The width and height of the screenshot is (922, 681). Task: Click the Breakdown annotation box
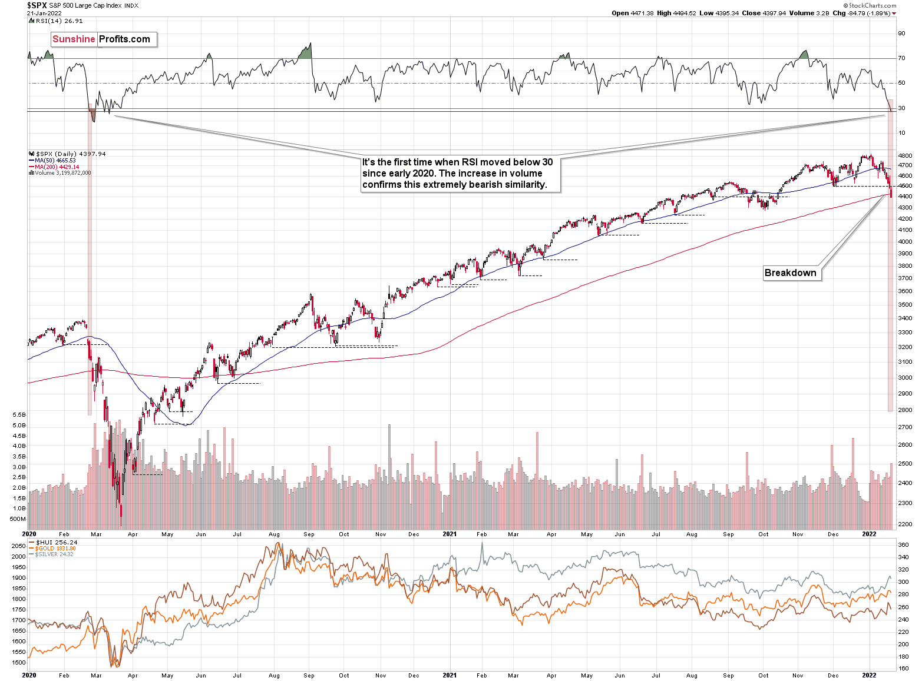[791, 273]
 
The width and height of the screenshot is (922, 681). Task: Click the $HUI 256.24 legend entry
[56, 542]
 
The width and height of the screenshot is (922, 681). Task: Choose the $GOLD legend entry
[55, 549]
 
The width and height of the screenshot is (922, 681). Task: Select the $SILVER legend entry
[54, 554]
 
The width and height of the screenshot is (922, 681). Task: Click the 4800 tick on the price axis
[906, 156]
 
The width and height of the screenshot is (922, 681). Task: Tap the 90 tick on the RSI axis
[901, 34]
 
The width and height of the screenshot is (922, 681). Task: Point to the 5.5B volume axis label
[18, 415]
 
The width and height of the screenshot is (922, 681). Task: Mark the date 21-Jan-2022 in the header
[44, 13]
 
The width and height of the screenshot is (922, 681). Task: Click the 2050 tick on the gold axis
[18, 546]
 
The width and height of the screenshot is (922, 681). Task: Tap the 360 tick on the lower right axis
[903, 546]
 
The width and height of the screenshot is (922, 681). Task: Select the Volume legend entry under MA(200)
[62, 173]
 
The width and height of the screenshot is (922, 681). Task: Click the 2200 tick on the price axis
[906, 524]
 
